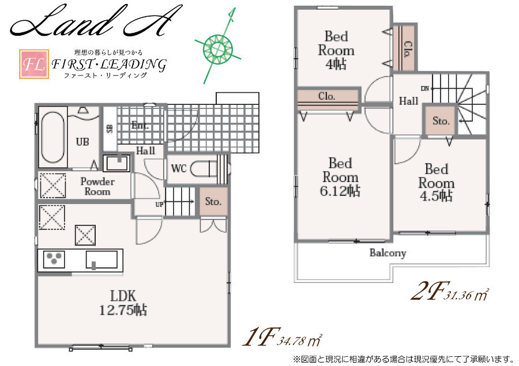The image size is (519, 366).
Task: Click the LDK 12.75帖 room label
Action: coord(123,303)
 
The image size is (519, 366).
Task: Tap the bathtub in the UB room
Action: coord(52,137)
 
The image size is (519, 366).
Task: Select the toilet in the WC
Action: coord(205,168)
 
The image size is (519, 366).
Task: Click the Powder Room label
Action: coord(97,186)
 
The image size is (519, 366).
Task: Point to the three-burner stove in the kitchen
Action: coord(54,259)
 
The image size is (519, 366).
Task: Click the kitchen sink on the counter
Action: coord(101,259)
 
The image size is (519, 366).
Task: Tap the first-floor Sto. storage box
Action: coord(213,202)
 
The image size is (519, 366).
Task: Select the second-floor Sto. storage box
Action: coord(440,120)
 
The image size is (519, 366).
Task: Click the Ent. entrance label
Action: coord(140,126)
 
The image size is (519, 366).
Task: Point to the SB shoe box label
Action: coord(110,129)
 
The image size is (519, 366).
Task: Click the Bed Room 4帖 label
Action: coord(336,50)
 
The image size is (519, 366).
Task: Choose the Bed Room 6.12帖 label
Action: coord(340,177)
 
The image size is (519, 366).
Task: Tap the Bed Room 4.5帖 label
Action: coord(437,183)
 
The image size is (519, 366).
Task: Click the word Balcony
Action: coord(388,253)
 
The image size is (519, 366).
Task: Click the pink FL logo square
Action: coord(34,64)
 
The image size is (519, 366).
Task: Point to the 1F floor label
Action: coord(262,337)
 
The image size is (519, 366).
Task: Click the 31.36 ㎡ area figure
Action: coord(467,294)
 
